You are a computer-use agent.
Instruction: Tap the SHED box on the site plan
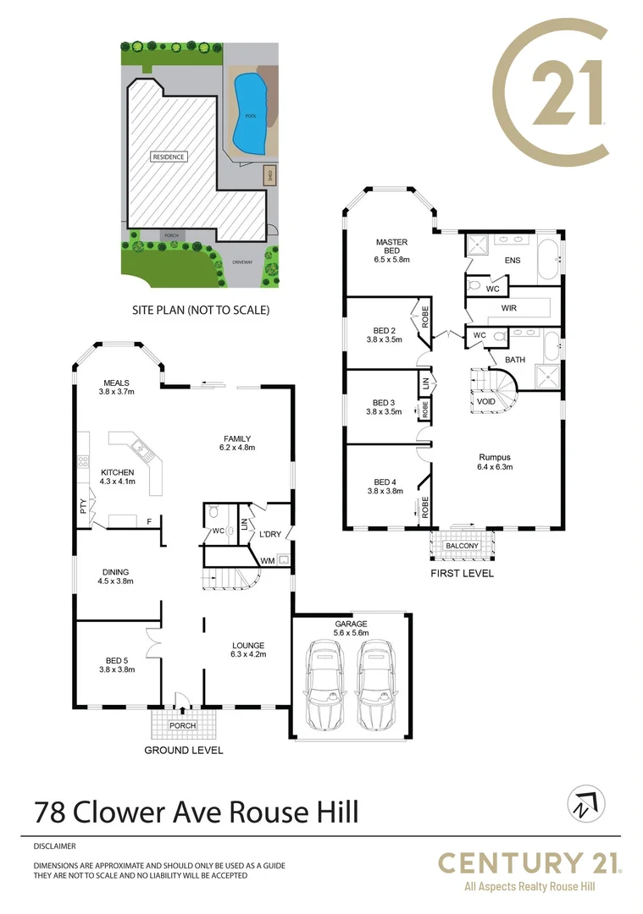(269, 175)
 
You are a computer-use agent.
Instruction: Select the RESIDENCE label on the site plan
(169, 157)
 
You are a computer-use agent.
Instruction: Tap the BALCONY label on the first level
(462, 546)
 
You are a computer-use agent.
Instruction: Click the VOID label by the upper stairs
(485, 402)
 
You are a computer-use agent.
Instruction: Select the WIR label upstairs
(509, 309)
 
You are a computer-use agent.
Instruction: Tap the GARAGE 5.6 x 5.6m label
(350, 627)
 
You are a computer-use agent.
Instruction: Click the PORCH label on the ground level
(182, 725)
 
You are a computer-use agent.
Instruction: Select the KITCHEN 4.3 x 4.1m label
(118, 476)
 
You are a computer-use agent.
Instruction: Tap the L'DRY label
(271, 533)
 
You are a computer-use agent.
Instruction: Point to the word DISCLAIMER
(55, 845)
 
